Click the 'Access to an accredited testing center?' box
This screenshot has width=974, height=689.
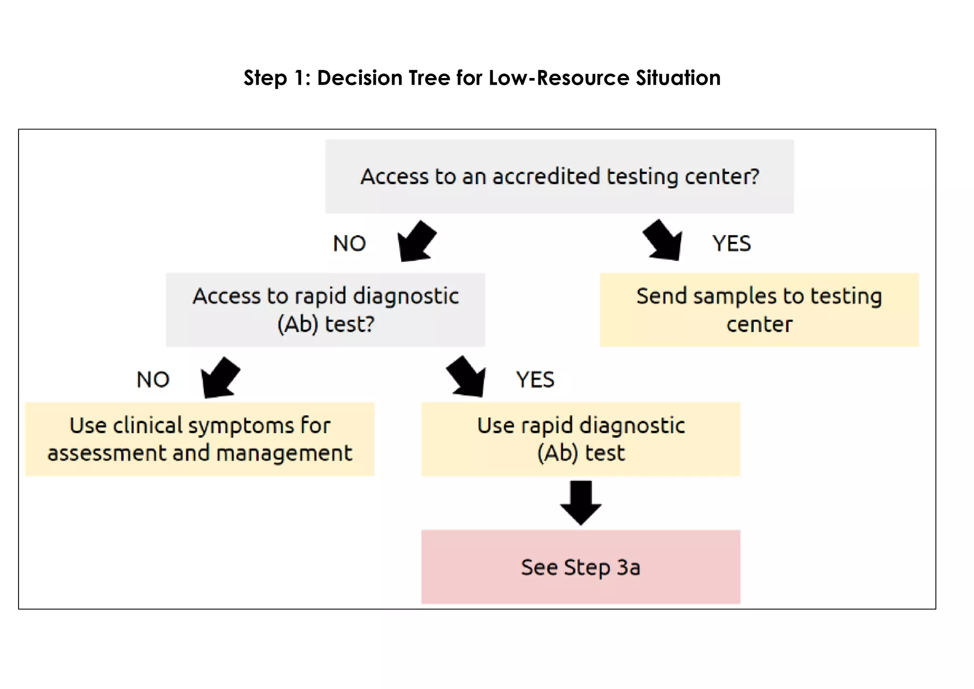(x=559, y=177)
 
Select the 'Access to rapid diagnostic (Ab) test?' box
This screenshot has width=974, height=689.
(x=325, y=310)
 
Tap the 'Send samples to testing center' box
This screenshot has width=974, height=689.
(x=759, y=310)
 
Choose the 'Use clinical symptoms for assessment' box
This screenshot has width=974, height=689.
(x=200, y=439)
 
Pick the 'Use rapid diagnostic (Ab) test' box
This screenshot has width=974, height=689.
(x=581, y=439)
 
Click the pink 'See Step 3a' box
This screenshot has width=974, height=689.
(x=581, y=567)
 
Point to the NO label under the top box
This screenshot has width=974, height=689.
(x=350, y=244)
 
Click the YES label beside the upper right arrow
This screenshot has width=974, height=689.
(x=731, y=244)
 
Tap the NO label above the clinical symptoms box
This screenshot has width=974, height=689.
(x=153, y=380)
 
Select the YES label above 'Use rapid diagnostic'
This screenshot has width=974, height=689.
(x=536, y=380)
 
